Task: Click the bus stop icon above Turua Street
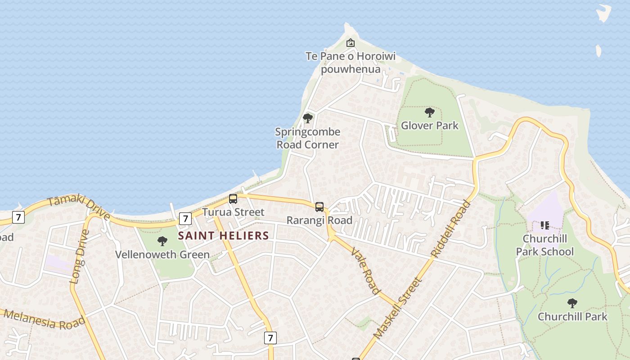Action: pyautogui.click(x=233, y=198)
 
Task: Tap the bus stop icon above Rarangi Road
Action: pyautogui.click(x=319, y=207)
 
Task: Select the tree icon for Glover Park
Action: pyautogui.click(x=430, y=112)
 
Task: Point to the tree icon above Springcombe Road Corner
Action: pyautogui.click(x=308, y=118)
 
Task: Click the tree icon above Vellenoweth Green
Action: pyautogui.click(x=162, y=241)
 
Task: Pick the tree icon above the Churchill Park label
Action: pyautogui.click(x=572, y=303)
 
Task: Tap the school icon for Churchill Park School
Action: pyautogui.click(x=545, y=225)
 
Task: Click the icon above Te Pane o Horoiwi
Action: pyautogui.click(x=350, y=43)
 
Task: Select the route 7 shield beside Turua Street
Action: pyautogui.click(x=185, y=219)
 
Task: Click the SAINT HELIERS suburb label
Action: pyautogui.click(x=224, y=235)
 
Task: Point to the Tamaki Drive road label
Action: pyautogui.click(x=78, y=207)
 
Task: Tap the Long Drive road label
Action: pyautogui.click(x=80, y=256)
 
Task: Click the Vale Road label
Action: pyautogui.click(x=365, y=270)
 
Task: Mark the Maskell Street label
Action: pyautogui.click(x=398, y=308)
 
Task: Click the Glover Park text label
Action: pyautogui.click(x=430, y=126)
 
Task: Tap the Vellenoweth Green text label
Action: pyautogui.click(x=162, y=255)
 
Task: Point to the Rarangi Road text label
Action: pyautogui.click(x=319, y=220)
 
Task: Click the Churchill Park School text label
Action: pyautogui.click(x=545, y=245)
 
